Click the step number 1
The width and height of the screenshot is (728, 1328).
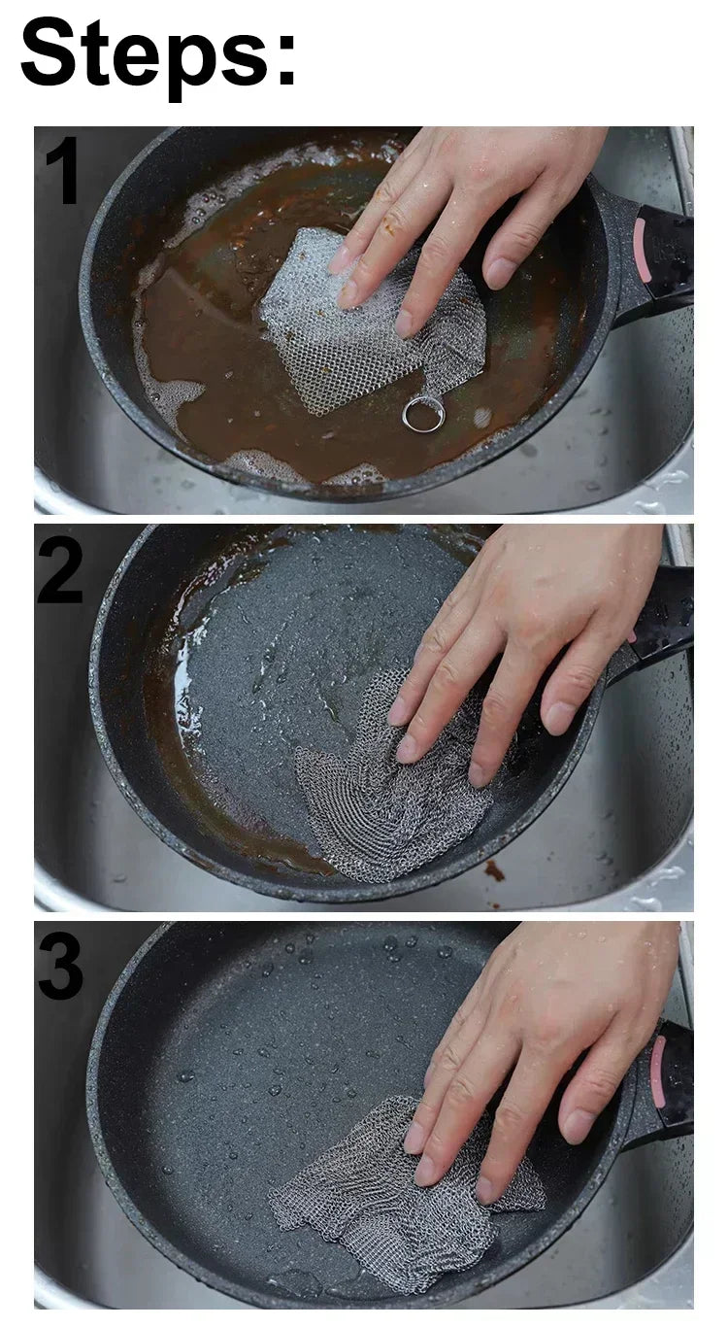[x=63, y=171]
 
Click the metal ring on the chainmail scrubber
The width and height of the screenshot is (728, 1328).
[x=423, y=415]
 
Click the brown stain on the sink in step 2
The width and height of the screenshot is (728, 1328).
[x=495, y=869]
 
